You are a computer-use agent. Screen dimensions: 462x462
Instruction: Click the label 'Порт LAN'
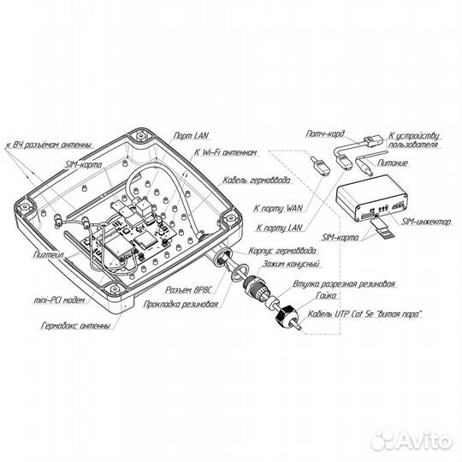click(191, 136)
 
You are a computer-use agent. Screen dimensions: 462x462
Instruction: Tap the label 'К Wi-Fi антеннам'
click(225, 152)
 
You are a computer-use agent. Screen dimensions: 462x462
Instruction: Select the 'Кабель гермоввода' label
click(257, 181)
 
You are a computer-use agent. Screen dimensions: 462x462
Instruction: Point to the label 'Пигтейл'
click(48, 255)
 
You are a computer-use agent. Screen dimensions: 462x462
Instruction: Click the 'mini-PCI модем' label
click(59, 300)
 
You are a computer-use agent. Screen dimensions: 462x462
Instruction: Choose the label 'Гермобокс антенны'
click(76, 326)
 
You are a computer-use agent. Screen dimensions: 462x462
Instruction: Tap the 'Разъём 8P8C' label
click(188, 290)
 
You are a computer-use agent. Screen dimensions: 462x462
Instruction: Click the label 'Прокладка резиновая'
click(181, 305)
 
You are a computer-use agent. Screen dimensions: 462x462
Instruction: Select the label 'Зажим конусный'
click(291, 264)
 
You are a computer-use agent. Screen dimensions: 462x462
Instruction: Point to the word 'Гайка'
click(326, 295)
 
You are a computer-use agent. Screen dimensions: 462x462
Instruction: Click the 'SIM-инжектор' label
click(426, 222)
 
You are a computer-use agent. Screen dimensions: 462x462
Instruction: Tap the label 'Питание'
click(393, 163)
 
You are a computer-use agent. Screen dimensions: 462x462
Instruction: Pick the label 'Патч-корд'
click(325, 134)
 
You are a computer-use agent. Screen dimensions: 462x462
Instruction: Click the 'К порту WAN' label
click(278, 208)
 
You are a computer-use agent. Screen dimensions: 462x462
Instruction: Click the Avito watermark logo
click(412, 441)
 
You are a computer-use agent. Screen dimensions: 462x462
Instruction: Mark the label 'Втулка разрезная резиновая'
click(344, 284)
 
